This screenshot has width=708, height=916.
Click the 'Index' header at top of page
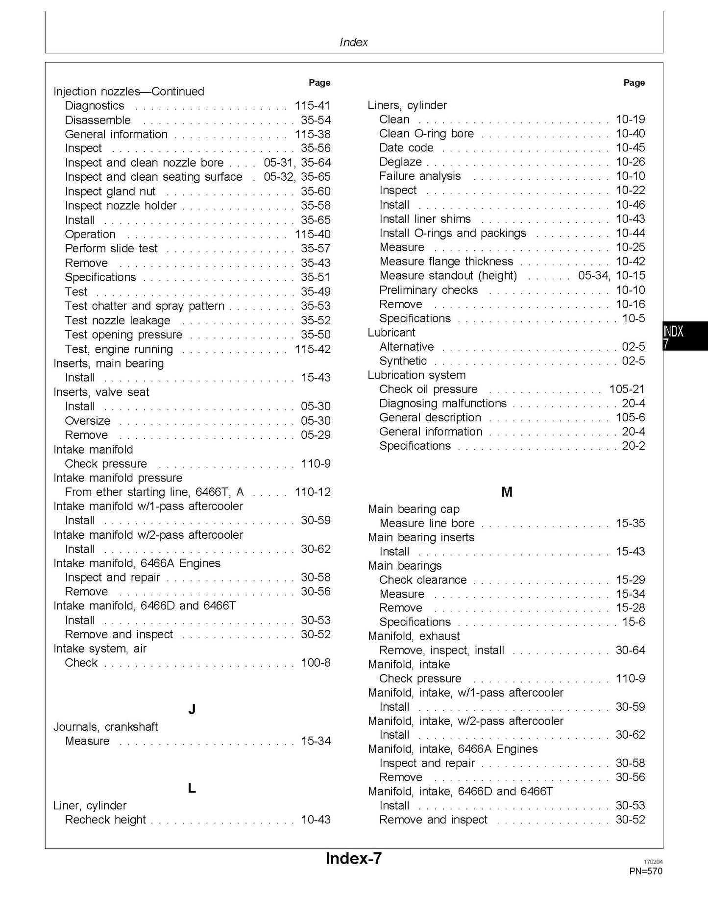coord(353,43)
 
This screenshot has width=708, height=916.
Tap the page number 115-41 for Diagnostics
coord(312,106)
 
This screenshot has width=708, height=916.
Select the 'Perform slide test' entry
coord(111,248)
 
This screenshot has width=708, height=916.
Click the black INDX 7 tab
coord(684,336)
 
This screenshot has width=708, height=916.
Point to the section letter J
coord(192,709)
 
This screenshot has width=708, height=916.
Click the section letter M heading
coord(507,492)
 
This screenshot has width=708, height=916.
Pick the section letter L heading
coord(192,788)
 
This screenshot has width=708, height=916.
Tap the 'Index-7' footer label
coord(353,858)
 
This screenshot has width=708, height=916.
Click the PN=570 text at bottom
coord(645,871)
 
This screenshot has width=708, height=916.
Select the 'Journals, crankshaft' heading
coord(105,726)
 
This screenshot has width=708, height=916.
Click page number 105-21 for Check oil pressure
coord(627,389)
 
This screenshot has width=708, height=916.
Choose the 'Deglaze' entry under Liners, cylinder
coord(400,162)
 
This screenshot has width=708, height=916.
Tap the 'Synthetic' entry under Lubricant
coord(403,361)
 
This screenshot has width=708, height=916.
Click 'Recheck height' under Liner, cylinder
coord(105,820)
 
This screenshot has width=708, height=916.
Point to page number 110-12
coord(312,492)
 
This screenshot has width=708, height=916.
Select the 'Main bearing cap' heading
coord(414,509)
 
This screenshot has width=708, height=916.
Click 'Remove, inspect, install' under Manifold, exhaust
coord(441,651)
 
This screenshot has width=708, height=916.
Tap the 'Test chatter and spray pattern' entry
coord(145,306)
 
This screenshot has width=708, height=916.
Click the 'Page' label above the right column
coord(634,83)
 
